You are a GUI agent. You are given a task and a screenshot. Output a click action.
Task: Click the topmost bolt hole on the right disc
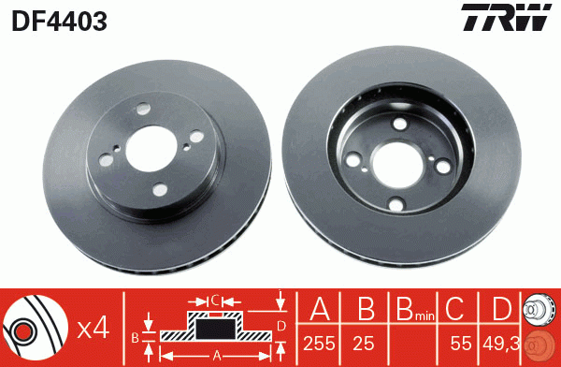click(x=401, y=125)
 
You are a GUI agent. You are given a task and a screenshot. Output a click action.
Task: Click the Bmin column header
click(x=410, y=310)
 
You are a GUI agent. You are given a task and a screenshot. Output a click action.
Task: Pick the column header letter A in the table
click(x=319, y=309)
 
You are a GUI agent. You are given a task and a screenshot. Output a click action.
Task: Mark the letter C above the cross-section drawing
click(x=215, y=301)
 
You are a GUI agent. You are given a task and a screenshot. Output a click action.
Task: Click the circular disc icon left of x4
click(x=35, y=329)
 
